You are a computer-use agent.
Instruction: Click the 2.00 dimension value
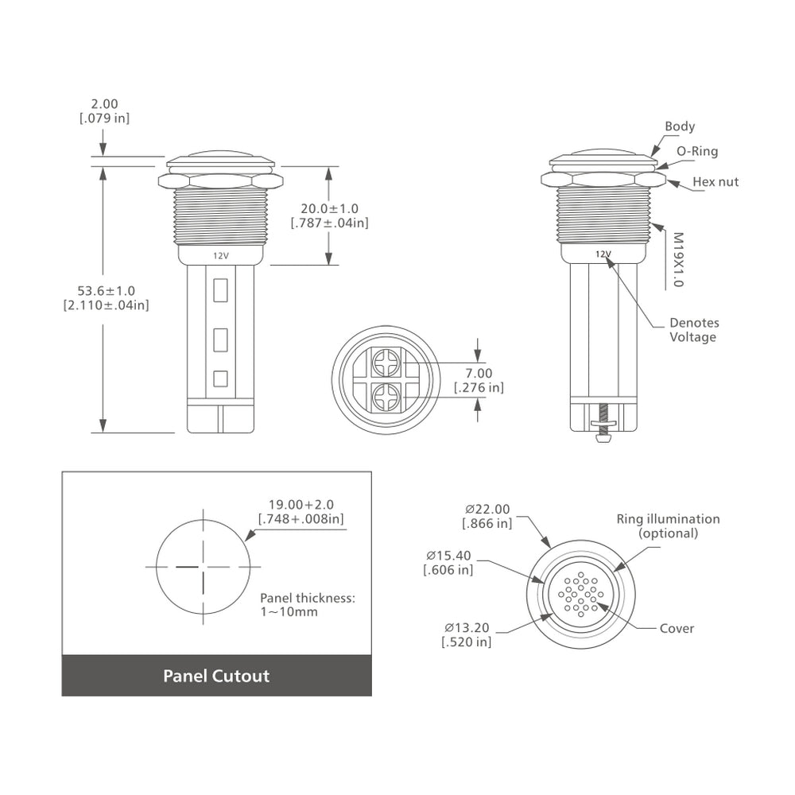coord(104,103)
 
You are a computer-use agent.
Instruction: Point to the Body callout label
coord(680,126)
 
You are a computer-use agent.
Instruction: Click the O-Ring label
coord(696,151)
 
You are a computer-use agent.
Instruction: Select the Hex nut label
coord(715,182)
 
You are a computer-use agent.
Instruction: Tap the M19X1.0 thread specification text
coord(678,259)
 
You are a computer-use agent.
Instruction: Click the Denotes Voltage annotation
coord(693,330)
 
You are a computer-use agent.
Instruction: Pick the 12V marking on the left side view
coord(220,256)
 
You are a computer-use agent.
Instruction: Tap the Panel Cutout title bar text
coord(216,677)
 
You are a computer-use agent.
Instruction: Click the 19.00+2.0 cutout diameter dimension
coord(301,504)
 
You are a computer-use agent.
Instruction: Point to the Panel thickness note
coord(307,605)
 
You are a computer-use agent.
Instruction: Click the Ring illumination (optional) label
coord(668,525)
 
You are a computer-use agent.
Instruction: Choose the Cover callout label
coord(677,629)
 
